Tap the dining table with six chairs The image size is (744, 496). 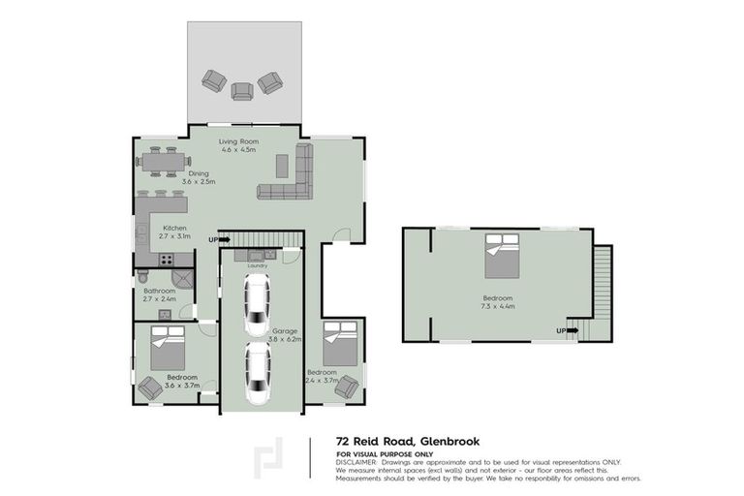tap(161, 160)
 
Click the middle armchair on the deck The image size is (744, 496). tap(241, 90)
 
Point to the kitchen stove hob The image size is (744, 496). tap(166, 260)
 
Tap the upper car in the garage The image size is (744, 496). tap(257, 303)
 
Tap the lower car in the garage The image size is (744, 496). tap(257, 373)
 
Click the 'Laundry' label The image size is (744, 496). tap(257, 264)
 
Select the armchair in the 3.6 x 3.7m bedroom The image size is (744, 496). tap(150, 387)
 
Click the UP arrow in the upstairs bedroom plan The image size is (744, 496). tap(568, 330)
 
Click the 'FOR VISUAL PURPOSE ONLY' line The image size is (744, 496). tap(385, 453)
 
